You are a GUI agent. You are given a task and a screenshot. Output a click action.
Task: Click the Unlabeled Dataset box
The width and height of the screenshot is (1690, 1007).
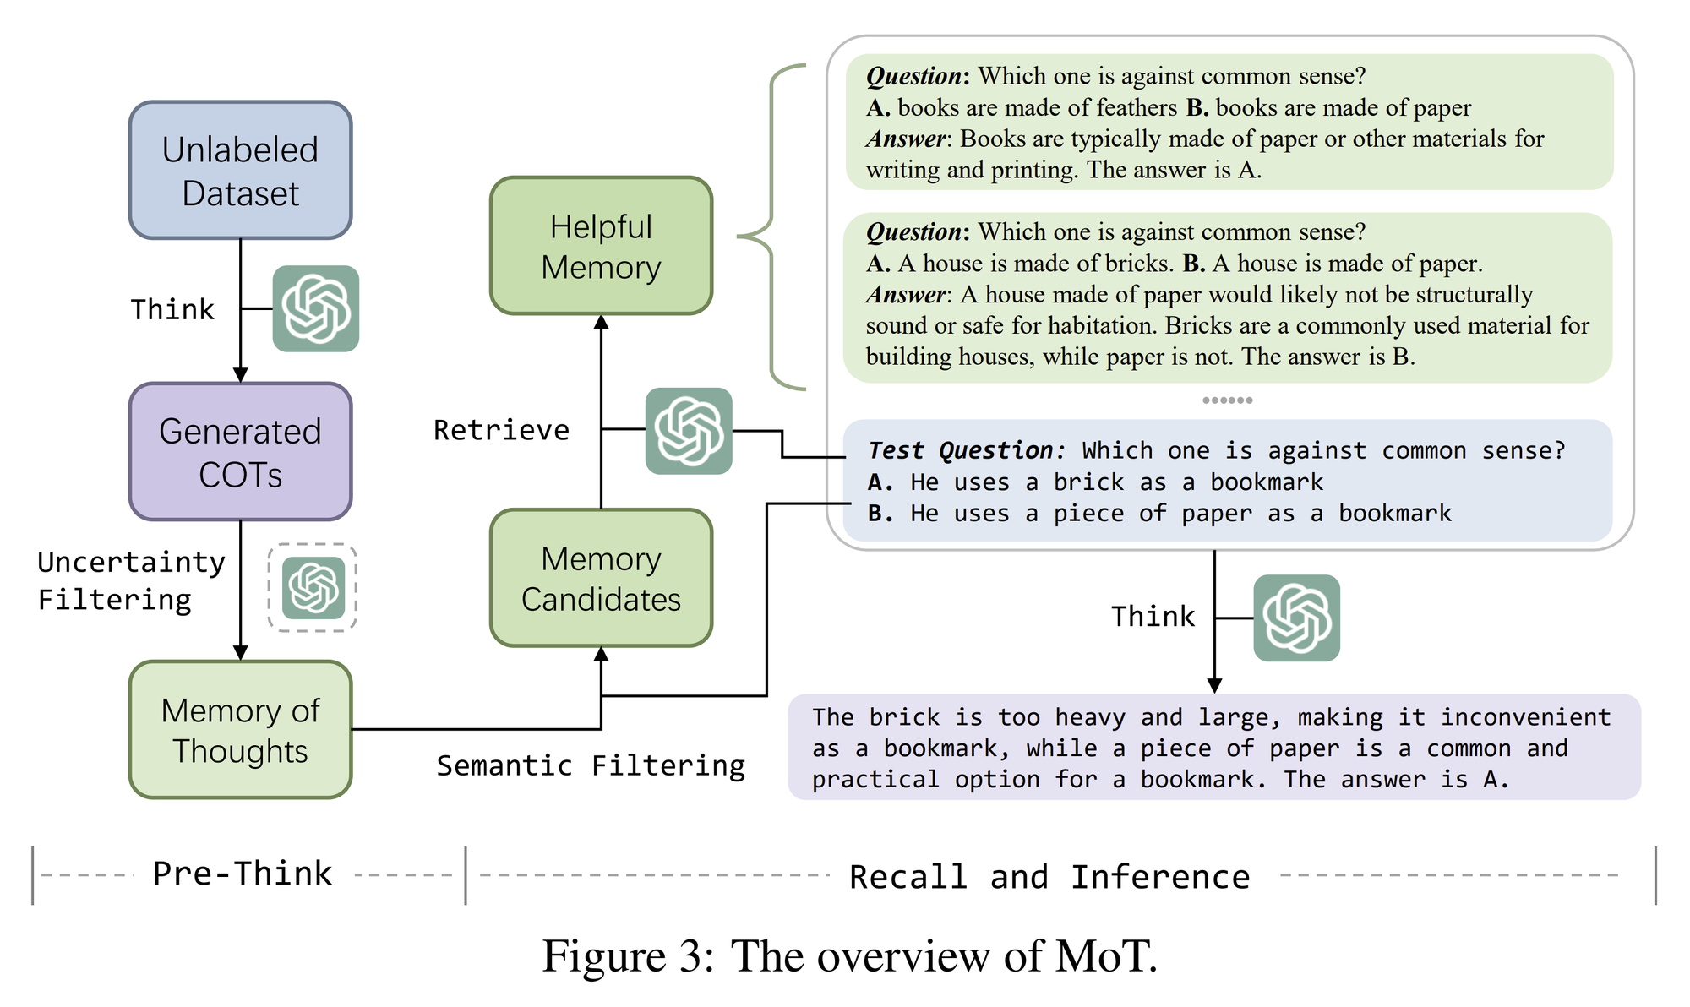(x=241, y=170)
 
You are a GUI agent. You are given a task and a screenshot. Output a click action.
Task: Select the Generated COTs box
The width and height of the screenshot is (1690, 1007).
(x=241, y=452)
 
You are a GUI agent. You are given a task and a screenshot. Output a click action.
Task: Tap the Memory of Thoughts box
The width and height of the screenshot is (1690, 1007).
(x=241, y=730)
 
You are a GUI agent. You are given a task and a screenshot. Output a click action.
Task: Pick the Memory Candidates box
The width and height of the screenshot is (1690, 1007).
(x=602, y=579)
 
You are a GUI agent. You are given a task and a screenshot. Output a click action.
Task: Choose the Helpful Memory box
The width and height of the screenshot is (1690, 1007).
(x=602, y=246)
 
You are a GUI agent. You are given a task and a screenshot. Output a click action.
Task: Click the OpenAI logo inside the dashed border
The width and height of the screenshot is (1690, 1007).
(x=313, y=588)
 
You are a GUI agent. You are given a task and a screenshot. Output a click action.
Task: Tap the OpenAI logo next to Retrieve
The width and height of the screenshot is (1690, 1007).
(x=689, y=431)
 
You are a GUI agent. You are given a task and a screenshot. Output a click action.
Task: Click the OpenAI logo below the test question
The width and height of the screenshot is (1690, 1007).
(x=1296, y=618)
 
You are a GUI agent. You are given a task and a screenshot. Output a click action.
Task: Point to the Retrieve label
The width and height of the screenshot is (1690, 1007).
(x=501, y=430)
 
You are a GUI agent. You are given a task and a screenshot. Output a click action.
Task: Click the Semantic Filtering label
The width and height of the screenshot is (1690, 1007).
(x=591, y=765)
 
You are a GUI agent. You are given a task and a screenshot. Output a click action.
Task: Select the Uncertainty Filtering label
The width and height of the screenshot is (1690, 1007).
(x=131, y=581)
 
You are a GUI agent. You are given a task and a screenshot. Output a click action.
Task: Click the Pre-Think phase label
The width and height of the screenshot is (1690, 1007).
(x=243, y=874)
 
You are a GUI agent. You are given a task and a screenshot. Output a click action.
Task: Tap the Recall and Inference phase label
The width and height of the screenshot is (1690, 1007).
(x=1049, y=877)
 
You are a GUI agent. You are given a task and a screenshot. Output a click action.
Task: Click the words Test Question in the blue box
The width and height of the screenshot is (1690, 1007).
(x=962, y=450)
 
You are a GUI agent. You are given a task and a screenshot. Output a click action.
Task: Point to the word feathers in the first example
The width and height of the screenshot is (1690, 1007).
(x=1137, y=107)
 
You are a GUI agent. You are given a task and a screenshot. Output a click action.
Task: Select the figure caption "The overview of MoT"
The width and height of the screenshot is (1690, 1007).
(x=849, y=956)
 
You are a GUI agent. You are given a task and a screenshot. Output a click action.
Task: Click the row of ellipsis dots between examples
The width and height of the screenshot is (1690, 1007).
(x=1228, y=400)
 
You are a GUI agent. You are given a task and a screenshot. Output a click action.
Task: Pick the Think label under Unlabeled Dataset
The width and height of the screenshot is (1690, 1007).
(x=172, y=309)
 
